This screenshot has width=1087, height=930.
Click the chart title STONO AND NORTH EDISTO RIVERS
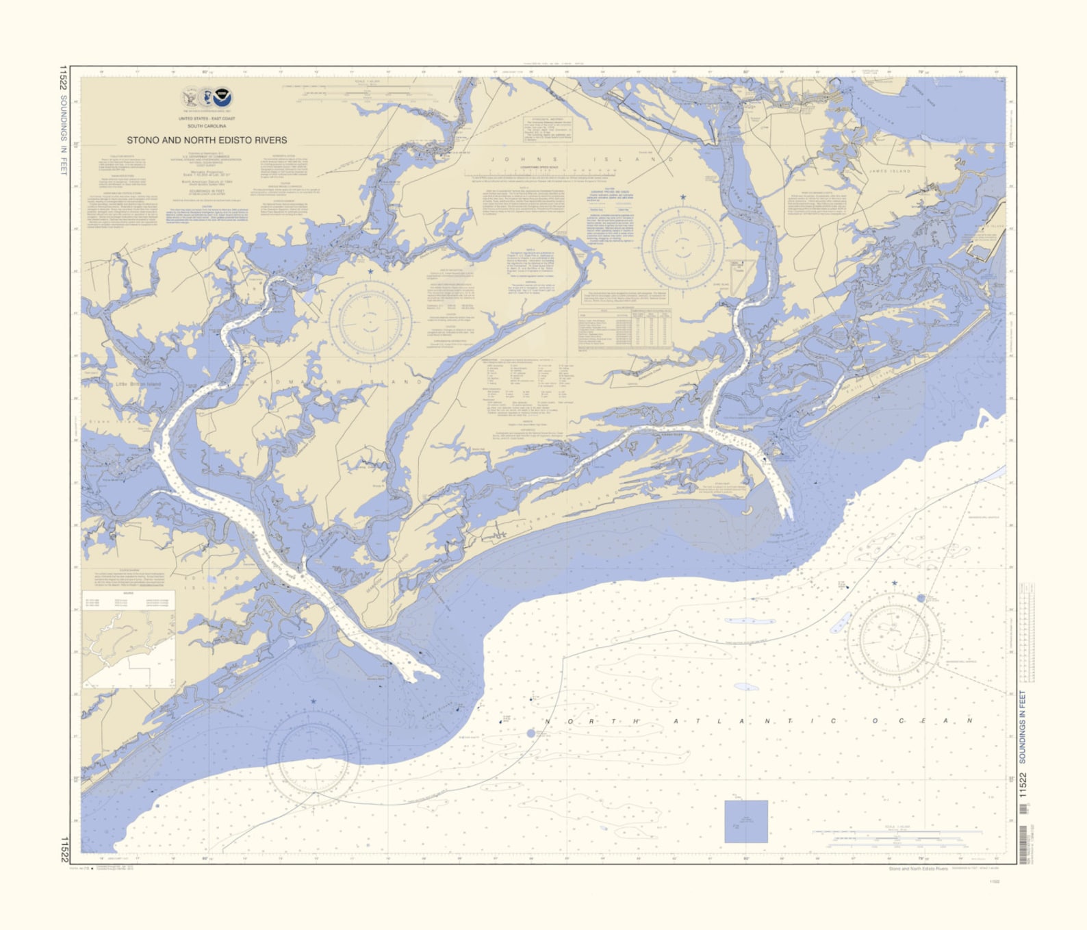tap(207, 140)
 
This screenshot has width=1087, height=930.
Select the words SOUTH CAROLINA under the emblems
tap(207, 126)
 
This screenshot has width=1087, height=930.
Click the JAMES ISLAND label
tap(890, 171)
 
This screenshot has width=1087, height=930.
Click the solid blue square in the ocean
tap(746, 821)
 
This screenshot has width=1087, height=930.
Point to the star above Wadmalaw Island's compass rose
tap(370, 272)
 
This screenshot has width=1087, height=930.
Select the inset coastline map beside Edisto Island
tap(128, 640)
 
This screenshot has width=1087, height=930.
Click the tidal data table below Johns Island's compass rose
tap(624, 328)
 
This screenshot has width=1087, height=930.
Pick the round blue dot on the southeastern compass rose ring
tap(921, 598)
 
